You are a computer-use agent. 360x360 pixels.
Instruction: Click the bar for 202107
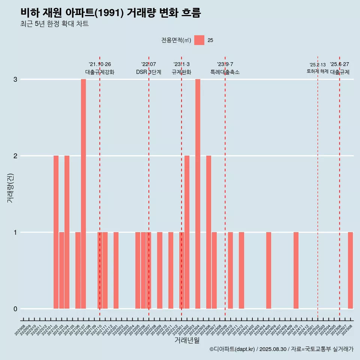point(83,194)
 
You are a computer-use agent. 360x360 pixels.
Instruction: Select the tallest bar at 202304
point(198,194)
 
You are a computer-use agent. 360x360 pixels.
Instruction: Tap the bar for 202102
point(56,232)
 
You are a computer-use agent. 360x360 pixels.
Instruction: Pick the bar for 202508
point(350,270)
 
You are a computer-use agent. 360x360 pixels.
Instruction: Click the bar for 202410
point(296,270)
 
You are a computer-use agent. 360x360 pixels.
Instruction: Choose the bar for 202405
point(268,270)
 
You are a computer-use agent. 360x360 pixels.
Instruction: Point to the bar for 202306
point(208,232)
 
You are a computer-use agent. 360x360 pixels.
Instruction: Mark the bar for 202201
point(116,270)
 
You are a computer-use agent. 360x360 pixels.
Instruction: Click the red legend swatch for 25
point(199,40)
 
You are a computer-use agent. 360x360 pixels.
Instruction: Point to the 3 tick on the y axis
point(15,79)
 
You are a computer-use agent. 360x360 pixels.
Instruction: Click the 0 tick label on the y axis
point(15,309)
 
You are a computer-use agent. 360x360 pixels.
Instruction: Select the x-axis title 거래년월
point(187,340)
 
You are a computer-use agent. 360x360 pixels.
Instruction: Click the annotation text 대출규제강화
point(100,72)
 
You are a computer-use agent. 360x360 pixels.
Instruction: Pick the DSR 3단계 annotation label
point(148,72)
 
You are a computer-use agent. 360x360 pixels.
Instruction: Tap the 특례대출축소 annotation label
point(225,72)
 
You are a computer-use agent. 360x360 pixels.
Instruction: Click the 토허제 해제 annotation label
point(318,71)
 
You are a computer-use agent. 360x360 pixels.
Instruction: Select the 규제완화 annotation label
point(181,72)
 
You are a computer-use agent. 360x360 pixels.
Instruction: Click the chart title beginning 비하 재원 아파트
point(111,13)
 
